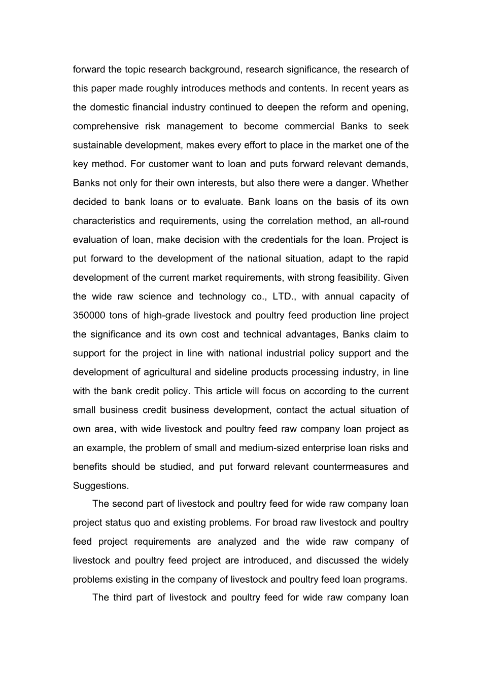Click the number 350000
click(x=89, y=315)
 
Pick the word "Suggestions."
click(x=101, y=485)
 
